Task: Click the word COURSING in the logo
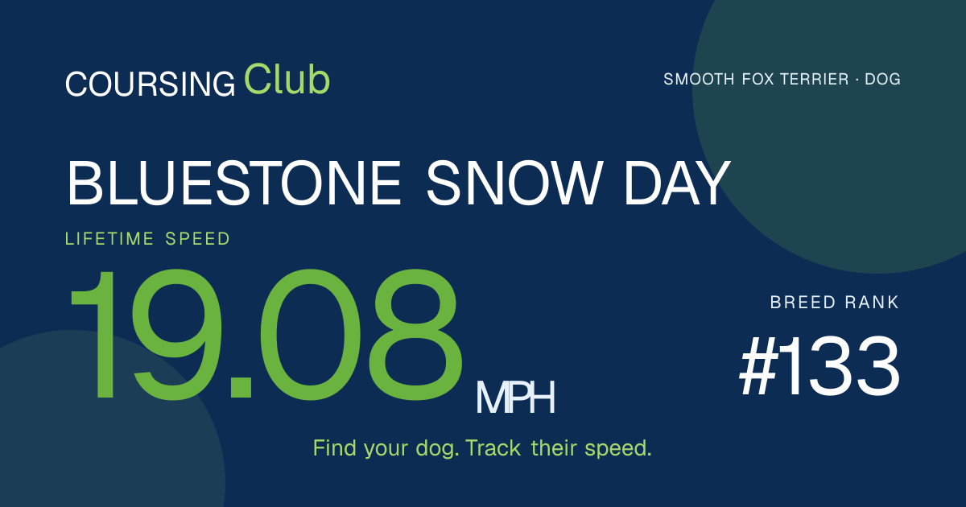[150, 84]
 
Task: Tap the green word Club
[287, 79]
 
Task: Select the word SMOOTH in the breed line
[699, 80]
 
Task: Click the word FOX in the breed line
[757, 80]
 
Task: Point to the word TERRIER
[814, 80]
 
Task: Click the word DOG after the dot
[883, 80]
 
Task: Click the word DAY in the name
[677, 183]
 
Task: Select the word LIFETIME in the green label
[109, 238]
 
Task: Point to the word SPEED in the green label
[197, 238]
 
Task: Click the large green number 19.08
[264, 335]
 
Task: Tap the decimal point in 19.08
[241, 387]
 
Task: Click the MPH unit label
[515, 398]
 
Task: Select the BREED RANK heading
[835, 303]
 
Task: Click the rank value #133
[819, 366]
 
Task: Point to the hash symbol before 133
[758, 366]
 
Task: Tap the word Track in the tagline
[493, 448]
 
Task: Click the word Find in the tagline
[335, 448]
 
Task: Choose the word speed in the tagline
[617, 449]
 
